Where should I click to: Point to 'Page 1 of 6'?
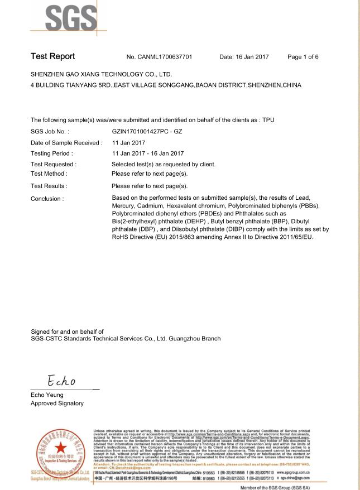pos(311,57)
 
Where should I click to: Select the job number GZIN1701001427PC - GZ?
pos(147,131)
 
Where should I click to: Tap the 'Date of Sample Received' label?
pos(66,142)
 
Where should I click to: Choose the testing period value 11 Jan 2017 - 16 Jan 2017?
pos(148,153)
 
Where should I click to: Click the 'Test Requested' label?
pos(54,164)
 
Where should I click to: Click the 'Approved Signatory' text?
pos(57,403)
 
